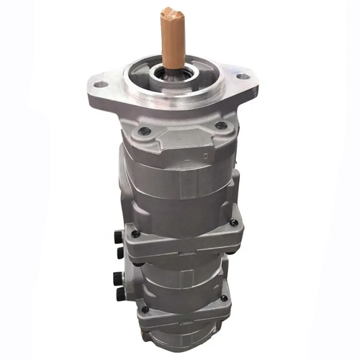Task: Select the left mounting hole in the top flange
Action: point(102,84)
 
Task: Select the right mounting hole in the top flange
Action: point(242,74)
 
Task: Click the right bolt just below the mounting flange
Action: point(220,125)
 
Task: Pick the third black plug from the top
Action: point(119,277)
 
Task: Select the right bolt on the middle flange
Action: point(233,223)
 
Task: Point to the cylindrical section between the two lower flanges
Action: point(180,277)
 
